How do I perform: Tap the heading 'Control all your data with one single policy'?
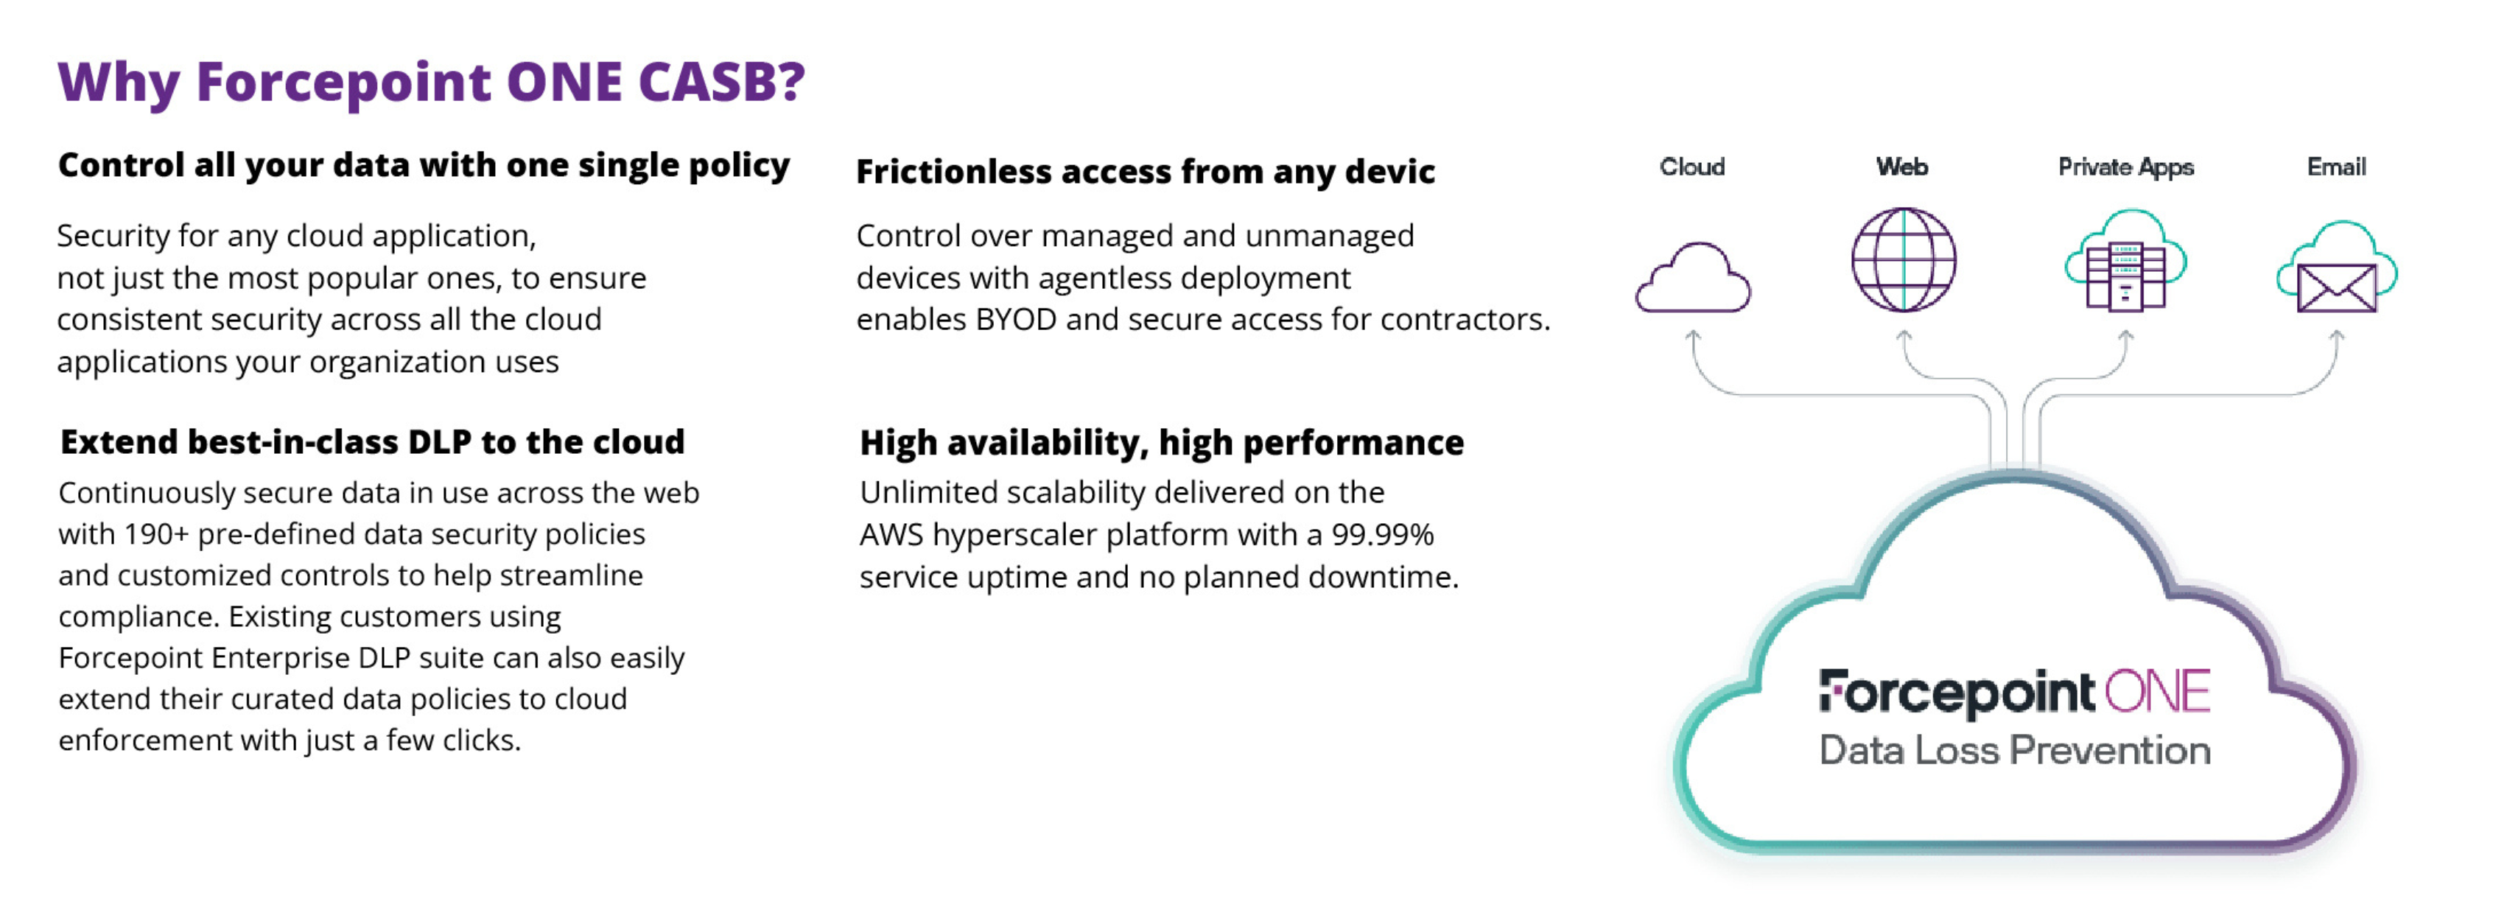[424, 166]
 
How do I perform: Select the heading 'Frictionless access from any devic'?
[1145, 172]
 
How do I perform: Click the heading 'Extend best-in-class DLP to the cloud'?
[373, 441]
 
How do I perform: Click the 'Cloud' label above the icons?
[1691, 167]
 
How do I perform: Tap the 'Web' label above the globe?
[1901, 167]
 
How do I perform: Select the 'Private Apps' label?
[2125, 167]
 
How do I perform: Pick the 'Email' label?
[2336, 167]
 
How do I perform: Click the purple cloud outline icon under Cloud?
[1693, 278]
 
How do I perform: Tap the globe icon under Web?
[1903, 259]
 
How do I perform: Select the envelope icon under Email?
[2336, 287]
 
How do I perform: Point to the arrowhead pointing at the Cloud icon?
[1693, 336]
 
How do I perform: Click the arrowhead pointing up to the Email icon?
[2336, 336]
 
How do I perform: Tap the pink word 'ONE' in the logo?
[2157, 692]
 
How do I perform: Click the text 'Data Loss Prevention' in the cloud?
[2015, 750]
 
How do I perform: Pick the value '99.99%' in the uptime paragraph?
[1382, 534]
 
